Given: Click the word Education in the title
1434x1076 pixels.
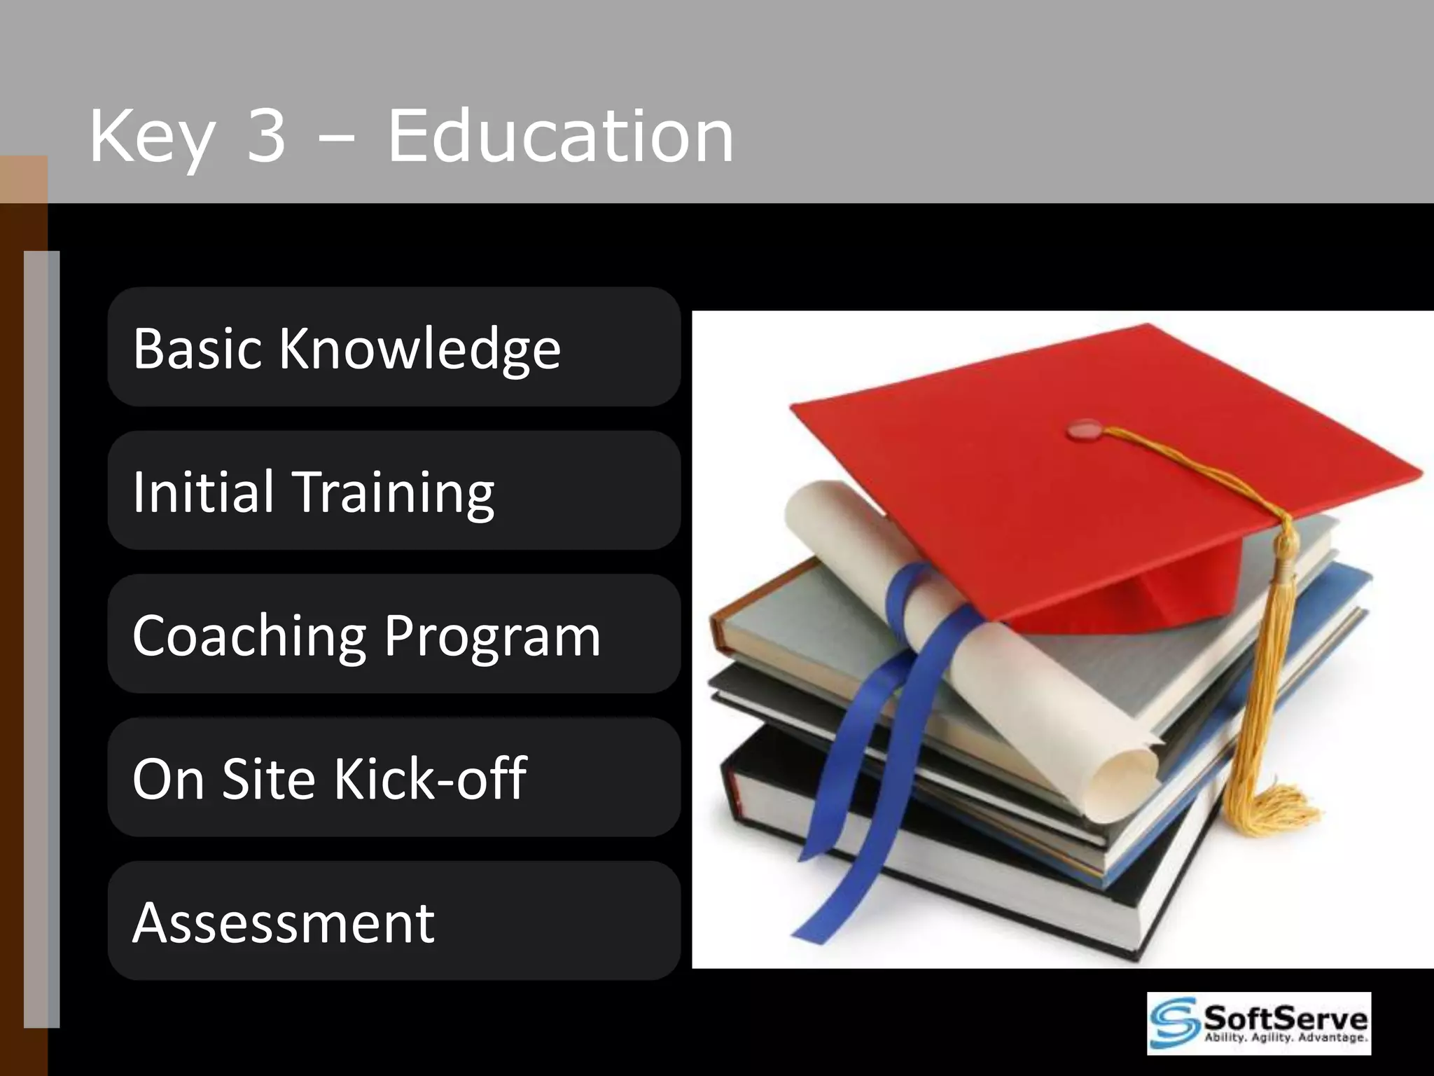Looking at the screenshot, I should coord(560,137).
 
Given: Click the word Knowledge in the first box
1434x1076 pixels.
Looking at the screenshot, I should coord(420,348).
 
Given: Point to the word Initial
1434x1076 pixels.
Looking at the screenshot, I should coord(203,492).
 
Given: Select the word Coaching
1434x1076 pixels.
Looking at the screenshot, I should coord(249,636).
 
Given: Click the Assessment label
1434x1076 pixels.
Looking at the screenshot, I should coord(284,923).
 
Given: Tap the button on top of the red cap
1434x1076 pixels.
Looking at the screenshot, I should coord(1084,429).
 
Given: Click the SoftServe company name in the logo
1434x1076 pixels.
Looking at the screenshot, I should coord(1285,1016).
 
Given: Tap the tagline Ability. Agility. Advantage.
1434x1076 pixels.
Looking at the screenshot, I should coord(1285,1038).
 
